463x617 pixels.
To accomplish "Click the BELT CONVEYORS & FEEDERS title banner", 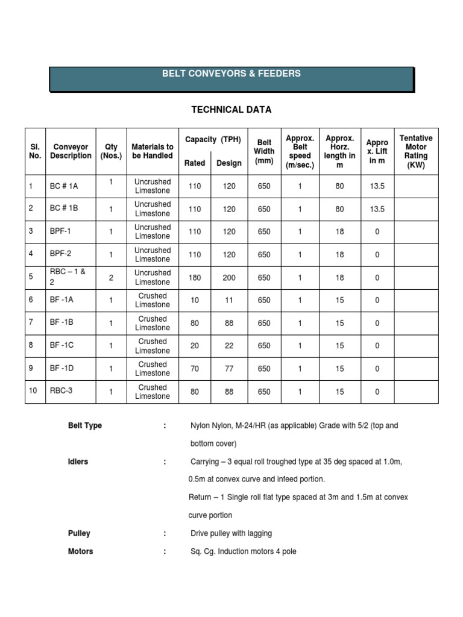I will [231, 74].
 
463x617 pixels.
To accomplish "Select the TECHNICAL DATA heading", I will [231, 110].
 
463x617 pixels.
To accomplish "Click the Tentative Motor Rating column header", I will [416, 151].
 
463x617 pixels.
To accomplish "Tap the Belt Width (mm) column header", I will [264, 151].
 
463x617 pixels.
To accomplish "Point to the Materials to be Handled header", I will [153, 151].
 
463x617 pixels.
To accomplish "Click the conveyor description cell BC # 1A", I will [64, 186].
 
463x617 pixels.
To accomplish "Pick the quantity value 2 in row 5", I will [112, 278].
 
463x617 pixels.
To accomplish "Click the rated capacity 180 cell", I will [194, 278].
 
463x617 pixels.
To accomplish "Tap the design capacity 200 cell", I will [229, 278].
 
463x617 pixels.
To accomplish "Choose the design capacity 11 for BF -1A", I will [229, 301].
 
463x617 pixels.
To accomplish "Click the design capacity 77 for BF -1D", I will [229, 369].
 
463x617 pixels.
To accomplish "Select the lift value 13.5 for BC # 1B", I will [377, 209].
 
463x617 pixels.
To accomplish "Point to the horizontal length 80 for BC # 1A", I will [340, 186].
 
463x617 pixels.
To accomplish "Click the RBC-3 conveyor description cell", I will [61, 391].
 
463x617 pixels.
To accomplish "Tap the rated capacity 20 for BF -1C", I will [194, 346].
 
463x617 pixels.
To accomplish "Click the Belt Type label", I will [85, 425].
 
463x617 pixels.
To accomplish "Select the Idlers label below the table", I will [78, 462].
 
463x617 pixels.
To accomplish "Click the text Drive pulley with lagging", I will [231, 533].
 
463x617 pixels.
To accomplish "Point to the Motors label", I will [81, 551].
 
